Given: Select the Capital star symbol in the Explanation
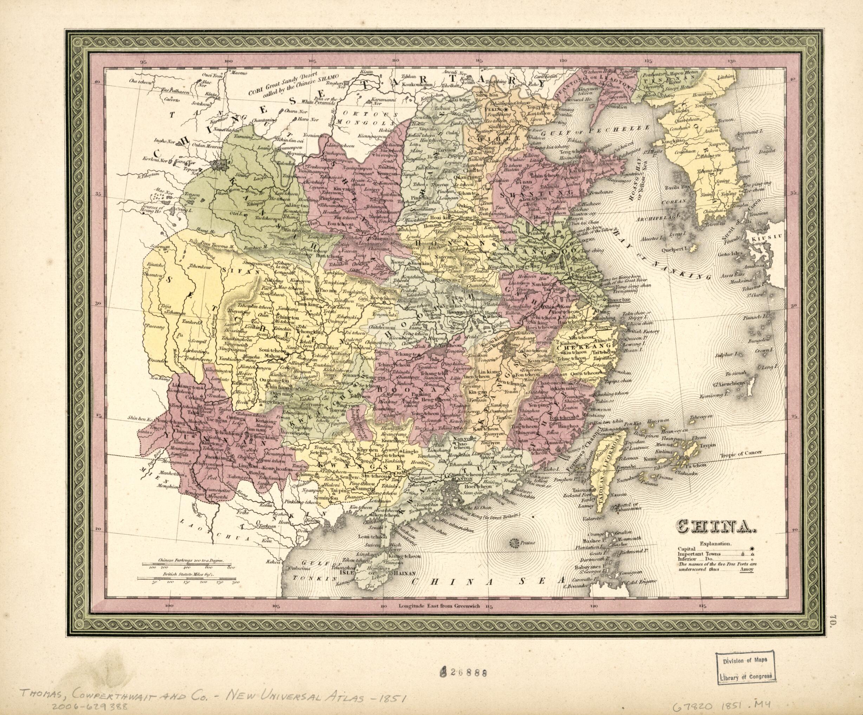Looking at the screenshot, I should pos(752,548).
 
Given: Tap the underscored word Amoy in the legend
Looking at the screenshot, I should pos(746,570).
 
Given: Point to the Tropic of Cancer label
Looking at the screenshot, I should pos(741,453).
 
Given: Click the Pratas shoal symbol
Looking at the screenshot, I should pos(514,544).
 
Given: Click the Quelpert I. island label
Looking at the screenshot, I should pos(678,249).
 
